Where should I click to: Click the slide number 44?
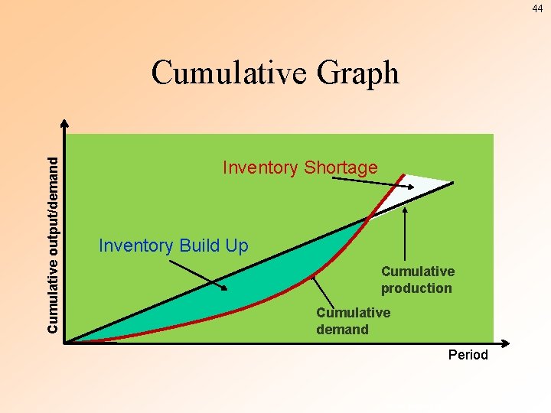click(x=537, y=8)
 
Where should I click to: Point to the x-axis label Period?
click(x=468, y=354)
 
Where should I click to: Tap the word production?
click(x=416, y=288)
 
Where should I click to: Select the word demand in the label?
click(x=342, y=330)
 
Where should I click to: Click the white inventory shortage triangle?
click(x=417, y=184)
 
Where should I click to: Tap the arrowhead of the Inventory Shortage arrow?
click(x=405, y=187)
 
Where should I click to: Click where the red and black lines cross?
click(x=370, y=218)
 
